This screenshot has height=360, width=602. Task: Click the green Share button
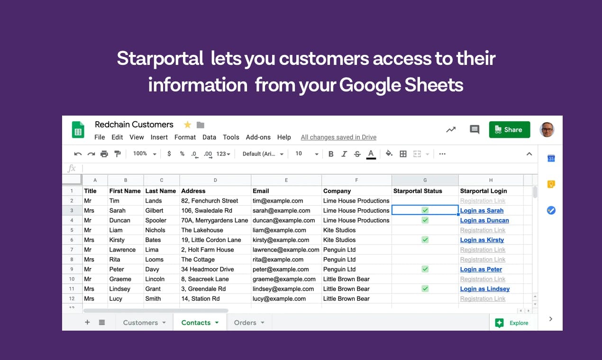coord(509,130)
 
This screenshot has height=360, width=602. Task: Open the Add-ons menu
coord(258,137)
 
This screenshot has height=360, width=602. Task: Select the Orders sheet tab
coord(245,323)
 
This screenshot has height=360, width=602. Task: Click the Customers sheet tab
coord(140,323)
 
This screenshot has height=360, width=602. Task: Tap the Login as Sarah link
coord(482,211)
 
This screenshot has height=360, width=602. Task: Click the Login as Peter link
coord(481,270)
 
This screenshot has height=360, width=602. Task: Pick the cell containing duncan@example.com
coord(283,220)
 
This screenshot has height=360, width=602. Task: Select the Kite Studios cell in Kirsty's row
coord(339,240)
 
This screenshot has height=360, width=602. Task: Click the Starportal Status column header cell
coord(418,191)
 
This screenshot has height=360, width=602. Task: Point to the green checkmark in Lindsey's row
coord(425,288)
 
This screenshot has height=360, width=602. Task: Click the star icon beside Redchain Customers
coord(188,125)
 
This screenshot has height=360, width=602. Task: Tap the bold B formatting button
coord(331,154)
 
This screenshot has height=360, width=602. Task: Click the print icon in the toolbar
coord(104,154)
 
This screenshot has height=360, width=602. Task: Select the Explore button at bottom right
coord(511,323)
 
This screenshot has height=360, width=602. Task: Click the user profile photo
coord(547,130)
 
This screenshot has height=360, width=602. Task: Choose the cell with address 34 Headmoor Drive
coord(208,270)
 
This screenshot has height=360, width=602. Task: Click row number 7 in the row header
coord(72,250)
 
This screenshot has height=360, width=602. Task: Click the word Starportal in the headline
coord(160,59)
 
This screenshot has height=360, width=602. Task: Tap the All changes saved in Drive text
coord(338,137)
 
